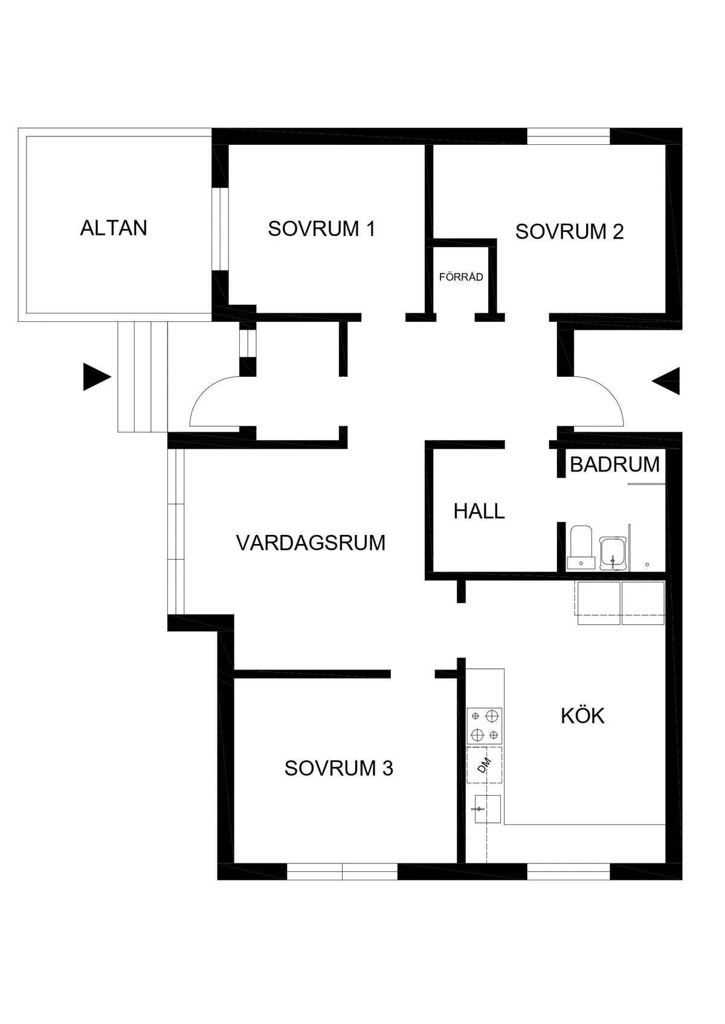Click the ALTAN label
click(x=114, y=228)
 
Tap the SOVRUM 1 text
click(x=321, y=229)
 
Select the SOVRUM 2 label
click(x=569, y=231)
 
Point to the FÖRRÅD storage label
click(x=461, y=277)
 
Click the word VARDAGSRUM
click(x=311, y=543)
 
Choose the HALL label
click(x=479, y=511)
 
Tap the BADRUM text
click(x=614, y=464)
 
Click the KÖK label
click(x=582, y=715)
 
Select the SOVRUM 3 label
click(x=338, y=768)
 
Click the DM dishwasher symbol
click(x=485, y=765)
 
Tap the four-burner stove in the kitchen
click(x=485, y=726)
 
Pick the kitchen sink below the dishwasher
click(x=487, y=809)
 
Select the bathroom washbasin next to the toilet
click(x=613, y=552)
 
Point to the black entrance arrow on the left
click(x=96, y=378)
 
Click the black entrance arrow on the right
click(x=667, y=381)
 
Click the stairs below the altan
click(x=142, y=376)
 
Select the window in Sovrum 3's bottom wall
click(x=342, y=871)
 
